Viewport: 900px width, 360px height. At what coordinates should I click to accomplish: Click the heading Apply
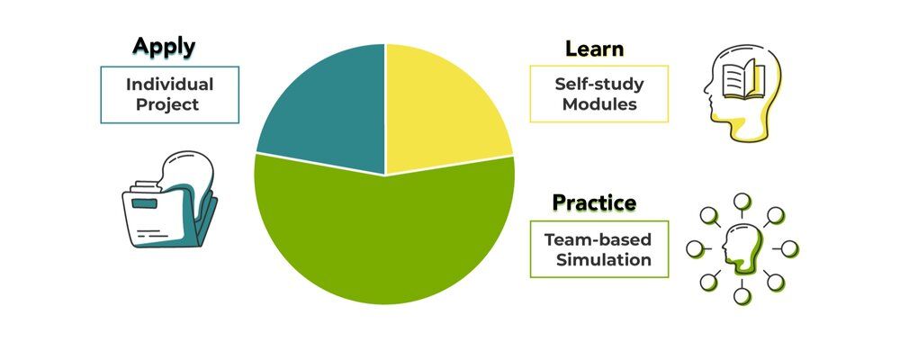(164, 46)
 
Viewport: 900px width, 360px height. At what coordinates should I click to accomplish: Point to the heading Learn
(595, 49)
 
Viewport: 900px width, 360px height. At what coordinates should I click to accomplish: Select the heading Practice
(594, 202)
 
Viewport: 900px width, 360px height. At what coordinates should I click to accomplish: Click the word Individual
(170, 85)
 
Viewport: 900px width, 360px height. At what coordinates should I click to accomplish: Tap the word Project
(170, 104)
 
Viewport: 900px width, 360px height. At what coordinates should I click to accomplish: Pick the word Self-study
(598, 84)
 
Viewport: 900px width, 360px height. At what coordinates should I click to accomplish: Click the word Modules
(598, 104)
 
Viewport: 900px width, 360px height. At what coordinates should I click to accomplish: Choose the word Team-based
(598, 239)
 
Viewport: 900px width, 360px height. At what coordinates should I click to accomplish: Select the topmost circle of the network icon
(742, 201)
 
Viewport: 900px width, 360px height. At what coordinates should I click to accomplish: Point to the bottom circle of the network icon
(742, 295)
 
